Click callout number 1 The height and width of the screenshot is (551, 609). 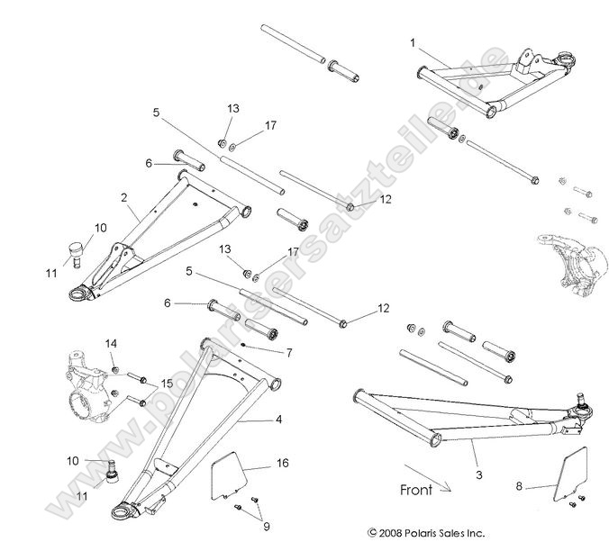pos(413,42)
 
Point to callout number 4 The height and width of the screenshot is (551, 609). pos(278,420)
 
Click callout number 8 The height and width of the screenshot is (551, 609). pos(518,485)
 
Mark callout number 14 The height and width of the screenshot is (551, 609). pos(112,344)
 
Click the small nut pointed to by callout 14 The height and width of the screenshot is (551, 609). pos(116,369)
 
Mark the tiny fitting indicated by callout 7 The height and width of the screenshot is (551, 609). pos(244,347)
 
